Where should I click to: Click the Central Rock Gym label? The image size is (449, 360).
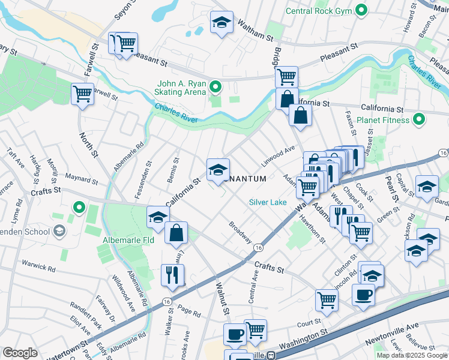[319, 10]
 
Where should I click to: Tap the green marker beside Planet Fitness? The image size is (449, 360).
[418, 119]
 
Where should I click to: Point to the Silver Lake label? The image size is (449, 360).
[268, 202]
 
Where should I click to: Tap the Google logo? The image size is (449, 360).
[20, 353]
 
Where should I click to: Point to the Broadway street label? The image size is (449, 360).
[240, 232]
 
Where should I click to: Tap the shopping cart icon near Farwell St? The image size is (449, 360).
[82, 93]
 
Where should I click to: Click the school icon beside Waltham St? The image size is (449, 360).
[221, 23]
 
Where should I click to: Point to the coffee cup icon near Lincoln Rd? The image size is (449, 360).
[364, 295]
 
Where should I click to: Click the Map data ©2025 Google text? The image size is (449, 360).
[412, 355]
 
